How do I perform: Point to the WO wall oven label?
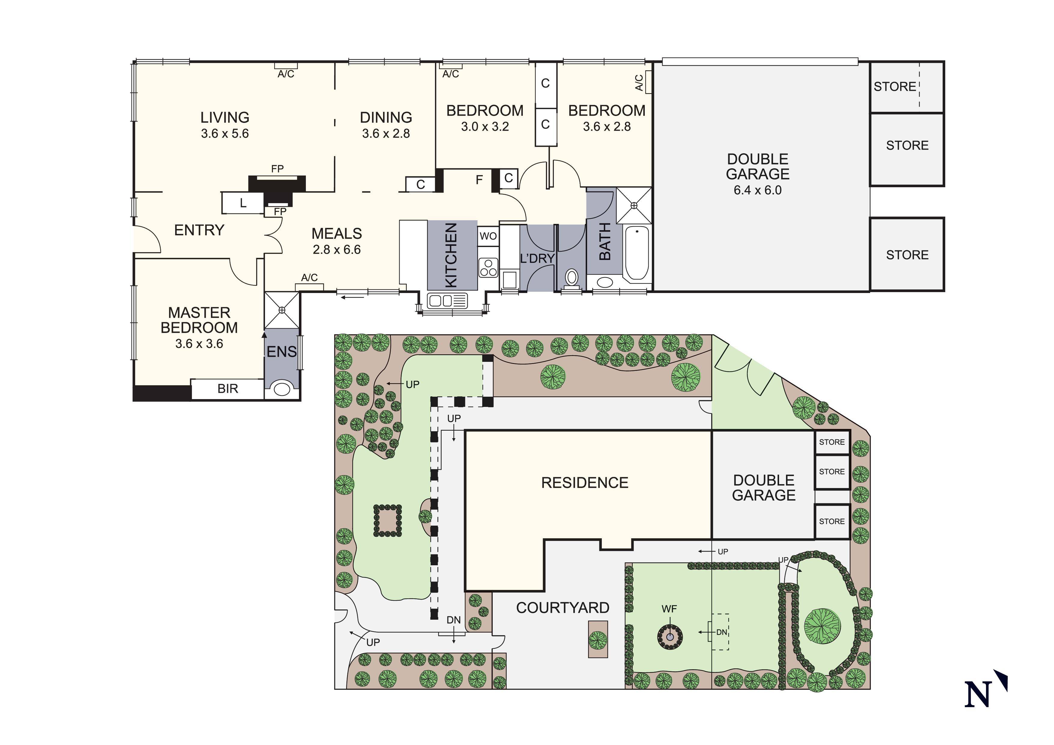point(488,236)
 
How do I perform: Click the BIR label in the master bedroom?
point(228,389)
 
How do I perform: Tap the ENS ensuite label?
point(282,352)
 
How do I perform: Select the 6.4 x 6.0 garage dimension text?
point(757,190)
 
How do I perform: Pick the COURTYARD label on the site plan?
point(563,608)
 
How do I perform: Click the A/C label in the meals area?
point(309,278)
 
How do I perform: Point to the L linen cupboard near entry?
point(243,203)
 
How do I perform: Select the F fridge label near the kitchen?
point(479,180)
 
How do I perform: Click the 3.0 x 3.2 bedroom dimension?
point(485,127)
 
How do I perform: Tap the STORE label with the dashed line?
point(895,87)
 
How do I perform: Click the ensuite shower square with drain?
point(282,310)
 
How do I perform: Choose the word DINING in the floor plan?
point(386,118)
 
